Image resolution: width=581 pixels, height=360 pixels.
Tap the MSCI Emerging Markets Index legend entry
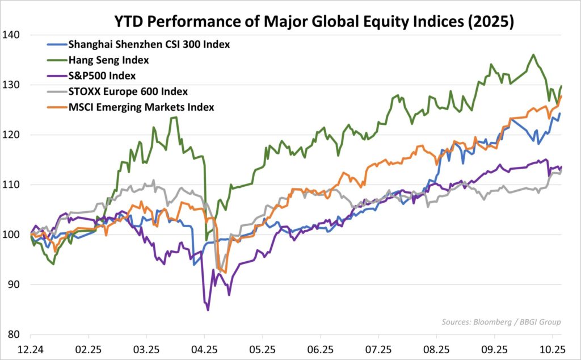pos(141,107)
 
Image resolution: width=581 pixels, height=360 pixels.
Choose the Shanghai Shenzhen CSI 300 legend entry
pos(148,44)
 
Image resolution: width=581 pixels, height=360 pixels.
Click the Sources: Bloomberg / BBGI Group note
pos(501,323)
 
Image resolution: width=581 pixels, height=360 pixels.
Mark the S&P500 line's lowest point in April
pos(208,310)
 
